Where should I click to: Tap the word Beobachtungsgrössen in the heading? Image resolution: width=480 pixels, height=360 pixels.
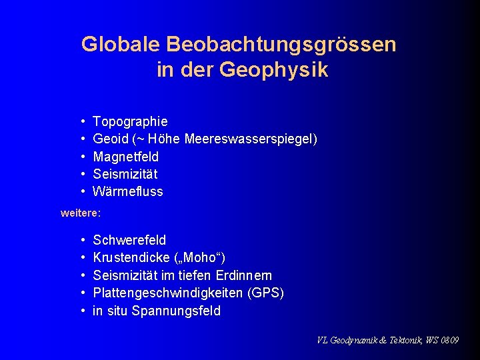[x=281, y=45]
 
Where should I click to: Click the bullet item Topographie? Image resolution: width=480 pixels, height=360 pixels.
[x=131, y=122]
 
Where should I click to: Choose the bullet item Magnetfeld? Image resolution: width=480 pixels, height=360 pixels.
[x=126, y=157]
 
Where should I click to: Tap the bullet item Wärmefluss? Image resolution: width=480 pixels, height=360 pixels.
[x=128, y=191]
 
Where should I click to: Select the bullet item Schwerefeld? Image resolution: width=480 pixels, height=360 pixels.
[x=130, y=240]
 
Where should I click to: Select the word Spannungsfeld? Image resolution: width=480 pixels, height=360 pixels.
[x=176, y=311]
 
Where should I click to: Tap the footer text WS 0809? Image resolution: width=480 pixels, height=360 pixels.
[x=441, y=340]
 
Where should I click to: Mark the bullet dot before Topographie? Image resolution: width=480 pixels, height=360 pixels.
[x=81, y=122]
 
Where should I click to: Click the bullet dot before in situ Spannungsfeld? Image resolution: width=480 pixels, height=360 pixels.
[x=81, y=311]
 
